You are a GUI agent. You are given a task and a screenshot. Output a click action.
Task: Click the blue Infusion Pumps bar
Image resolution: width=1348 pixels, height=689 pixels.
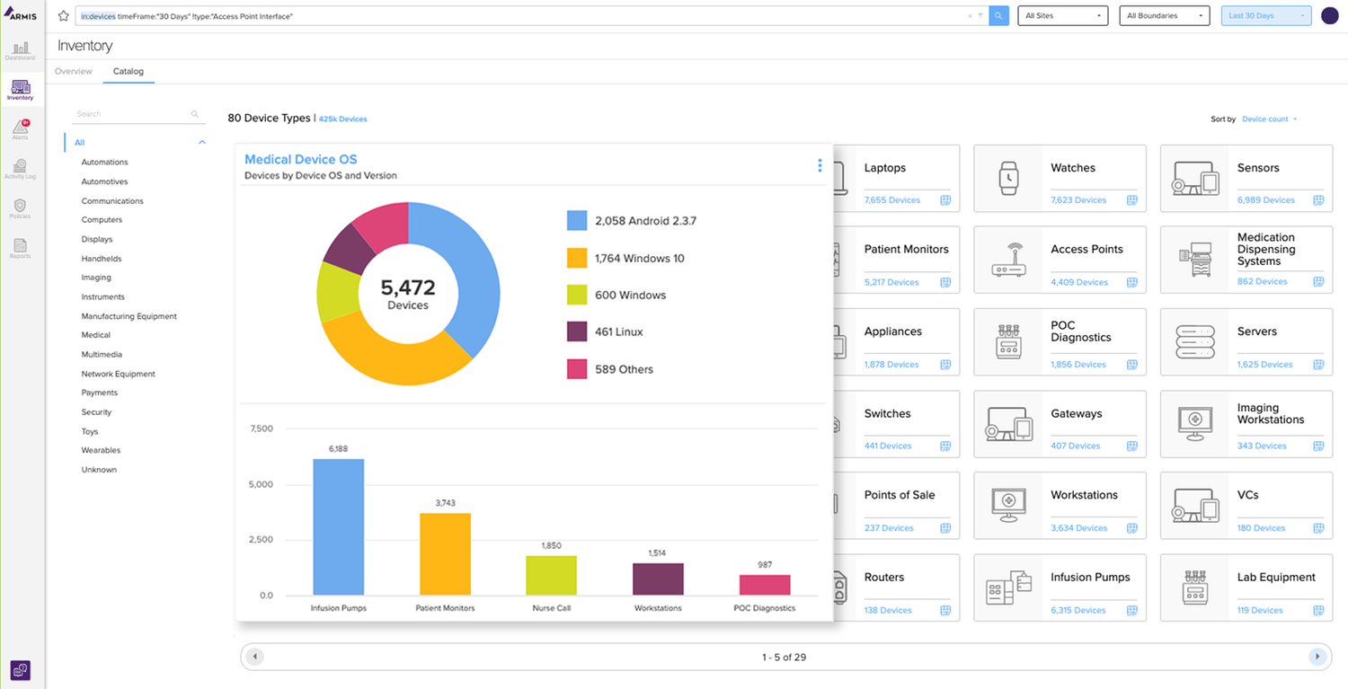[338, 527]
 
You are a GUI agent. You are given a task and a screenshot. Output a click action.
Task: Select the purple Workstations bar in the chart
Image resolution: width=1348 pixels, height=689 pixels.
[658, 579]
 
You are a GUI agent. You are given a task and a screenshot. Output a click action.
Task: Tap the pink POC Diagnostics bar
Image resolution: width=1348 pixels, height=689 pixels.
[765, 585]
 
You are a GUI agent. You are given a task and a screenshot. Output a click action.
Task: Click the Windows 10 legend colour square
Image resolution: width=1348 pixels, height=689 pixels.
[577, 258]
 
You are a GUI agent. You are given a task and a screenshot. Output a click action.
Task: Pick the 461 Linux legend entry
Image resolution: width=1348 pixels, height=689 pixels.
[618, 332]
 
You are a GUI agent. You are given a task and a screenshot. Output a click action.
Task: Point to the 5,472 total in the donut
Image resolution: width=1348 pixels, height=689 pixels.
[408, 287]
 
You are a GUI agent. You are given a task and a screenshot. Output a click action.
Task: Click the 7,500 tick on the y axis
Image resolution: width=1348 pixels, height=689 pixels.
[261, 428]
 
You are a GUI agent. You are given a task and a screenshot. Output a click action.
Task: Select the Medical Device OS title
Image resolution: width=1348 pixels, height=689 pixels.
[301, 160]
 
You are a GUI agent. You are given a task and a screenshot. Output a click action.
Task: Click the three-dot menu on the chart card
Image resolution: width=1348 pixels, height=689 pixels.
[820, 165]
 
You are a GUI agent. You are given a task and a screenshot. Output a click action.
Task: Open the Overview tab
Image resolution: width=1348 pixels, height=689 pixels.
[74, 71]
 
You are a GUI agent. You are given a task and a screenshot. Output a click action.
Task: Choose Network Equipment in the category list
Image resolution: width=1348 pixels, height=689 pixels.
[119, 374]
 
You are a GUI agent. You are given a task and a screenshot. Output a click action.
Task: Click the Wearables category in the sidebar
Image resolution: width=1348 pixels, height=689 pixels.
[101, 450]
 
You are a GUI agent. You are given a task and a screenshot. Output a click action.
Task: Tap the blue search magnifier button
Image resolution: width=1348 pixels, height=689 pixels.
[998, 15]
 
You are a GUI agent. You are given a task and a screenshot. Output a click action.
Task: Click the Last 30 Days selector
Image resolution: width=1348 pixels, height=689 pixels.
[1266, 15]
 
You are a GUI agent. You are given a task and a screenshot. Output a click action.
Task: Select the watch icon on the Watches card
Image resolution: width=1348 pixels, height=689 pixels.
[1008, 179]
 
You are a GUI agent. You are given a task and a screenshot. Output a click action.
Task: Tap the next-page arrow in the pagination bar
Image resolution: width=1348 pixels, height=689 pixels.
[1317, 657]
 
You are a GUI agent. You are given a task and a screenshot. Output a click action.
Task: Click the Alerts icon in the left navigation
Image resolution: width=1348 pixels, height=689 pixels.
[20, 128]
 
